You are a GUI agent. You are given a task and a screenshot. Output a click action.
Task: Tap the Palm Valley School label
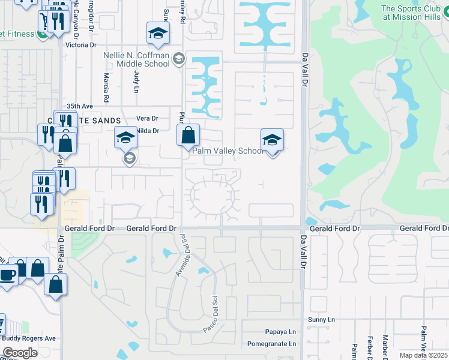[x=228, y=151]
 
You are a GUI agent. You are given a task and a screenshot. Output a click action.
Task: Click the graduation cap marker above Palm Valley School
[x=272, y=140]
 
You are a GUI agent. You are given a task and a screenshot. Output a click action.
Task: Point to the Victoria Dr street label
[x=81, y=45]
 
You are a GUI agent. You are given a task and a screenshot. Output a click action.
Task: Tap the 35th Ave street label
[x=80, y=104]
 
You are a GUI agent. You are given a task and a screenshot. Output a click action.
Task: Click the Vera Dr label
[x=146, y=118]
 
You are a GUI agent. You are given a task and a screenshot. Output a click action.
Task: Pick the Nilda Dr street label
[x=148, y=130]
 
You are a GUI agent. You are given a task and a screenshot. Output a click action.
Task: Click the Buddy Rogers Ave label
[x=28, y=338]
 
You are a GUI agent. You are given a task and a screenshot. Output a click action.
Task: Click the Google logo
[x=20, y=352]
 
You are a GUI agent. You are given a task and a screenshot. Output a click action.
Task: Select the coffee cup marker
[x=8, y=275]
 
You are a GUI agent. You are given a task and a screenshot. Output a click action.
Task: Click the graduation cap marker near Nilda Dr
[x=125, y=139]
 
